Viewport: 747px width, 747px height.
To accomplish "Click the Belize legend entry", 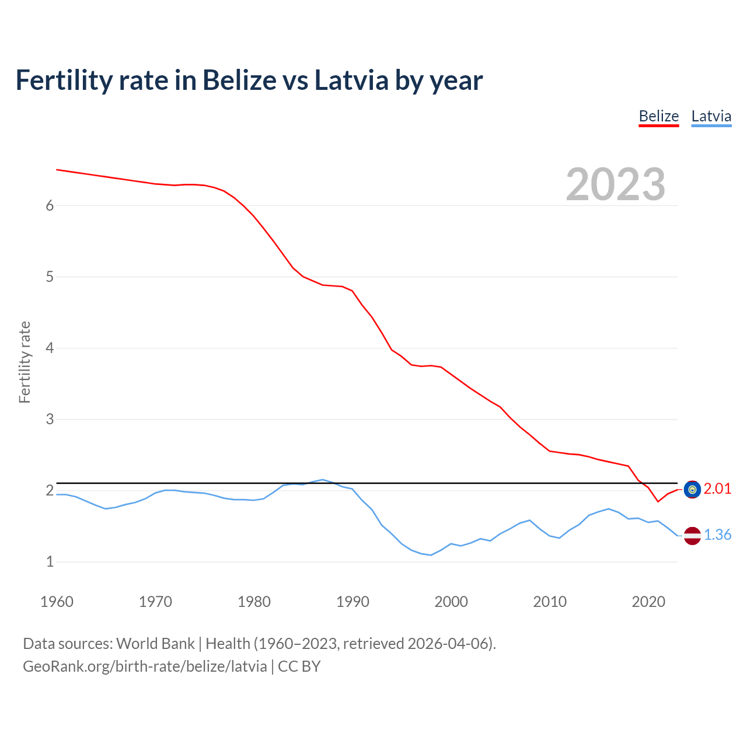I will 658,116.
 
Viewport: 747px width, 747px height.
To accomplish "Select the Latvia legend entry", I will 711,116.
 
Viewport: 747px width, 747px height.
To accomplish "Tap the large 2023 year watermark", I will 615,184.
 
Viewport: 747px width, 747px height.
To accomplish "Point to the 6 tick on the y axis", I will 50,205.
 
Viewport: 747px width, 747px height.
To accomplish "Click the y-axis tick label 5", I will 50,277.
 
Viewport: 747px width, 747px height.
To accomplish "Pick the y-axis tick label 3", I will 50,419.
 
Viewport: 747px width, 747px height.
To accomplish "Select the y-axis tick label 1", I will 50,561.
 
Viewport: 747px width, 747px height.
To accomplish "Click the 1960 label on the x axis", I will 57,602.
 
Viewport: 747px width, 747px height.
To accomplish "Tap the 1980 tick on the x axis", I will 254,602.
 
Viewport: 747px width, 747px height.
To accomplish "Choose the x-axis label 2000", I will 451,602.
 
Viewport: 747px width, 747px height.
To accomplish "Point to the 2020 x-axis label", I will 648,602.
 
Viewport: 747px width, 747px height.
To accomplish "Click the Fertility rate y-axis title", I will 25,362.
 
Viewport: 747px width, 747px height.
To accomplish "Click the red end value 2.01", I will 717,489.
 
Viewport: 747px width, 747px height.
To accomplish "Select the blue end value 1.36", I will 717,535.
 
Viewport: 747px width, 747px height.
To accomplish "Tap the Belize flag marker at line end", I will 692,490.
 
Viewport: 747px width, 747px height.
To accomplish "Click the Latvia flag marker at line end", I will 692,535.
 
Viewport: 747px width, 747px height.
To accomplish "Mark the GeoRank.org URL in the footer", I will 145,666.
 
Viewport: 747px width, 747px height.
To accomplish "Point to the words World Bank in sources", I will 155,643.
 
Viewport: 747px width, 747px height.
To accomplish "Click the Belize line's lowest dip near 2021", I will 658,501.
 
